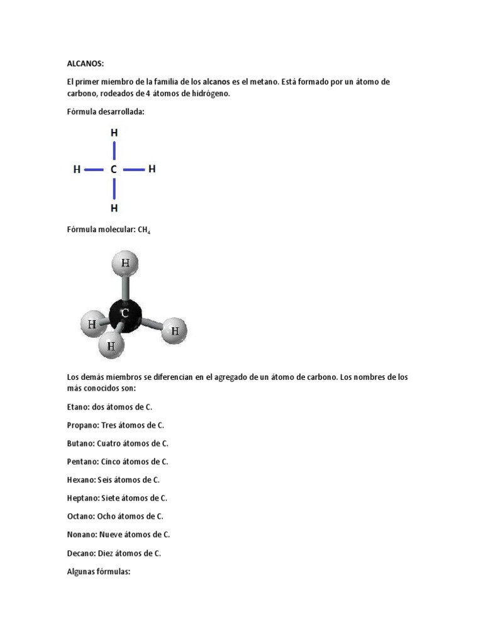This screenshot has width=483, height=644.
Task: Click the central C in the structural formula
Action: pos(114,170)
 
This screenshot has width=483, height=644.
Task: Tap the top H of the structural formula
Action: pos(114,133)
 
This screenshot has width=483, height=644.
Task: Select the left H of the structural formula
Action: pos(77,170)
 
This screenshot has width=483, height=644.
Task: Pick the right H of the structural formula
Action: pos(152,169)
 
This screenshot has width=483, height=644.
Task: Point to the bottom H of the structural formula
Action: pos(114,208)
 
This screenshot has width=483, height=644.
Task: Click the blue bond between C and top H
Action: pos(114,151)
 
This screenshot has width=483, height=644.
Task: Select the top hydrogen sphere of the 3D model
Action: pos(126,265)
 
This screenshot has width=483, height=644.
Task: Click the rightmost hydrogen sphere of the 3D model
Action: pos(175,330)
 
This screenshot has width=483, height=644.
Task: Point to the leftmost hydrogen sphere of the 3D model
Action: pos(92,325)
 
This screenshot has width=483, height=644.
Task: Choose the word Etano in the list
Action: pos(78,407)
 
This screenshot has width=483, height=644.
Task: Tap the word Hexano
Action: pos(80,480)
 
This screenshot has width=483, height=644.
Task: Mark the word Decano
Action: pos(81,553)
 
